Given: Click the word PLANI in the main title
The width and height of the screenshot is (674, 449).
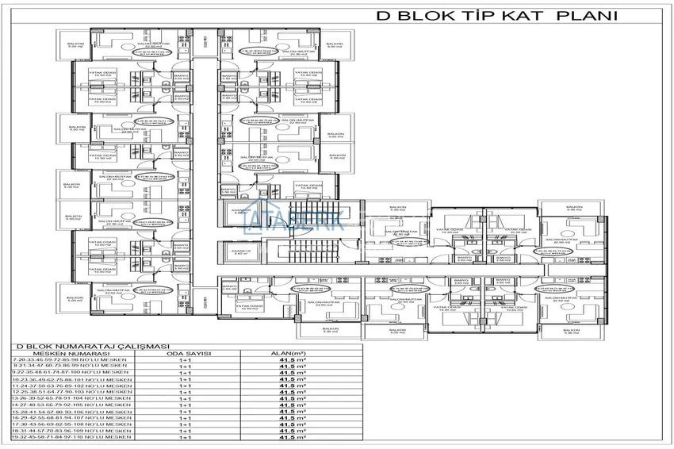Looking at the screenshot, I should (588, 14).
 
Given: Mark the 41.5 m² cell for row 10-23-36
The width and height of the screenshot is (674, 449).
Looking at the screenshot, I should (293, 380).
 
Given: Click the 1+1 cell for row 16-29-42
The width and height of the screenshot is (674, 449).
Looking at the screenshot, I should (187, 418).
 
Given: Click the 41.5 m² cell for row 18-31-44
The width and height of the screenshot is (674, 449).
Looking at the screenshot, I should (293, 431).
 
